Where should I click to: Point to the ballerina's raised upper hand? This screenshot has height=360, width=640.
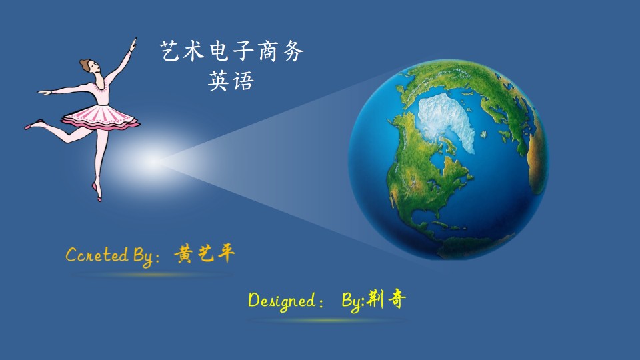pos(133,45)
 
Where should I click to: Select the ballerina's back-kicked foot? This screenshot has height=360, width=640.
pos(33,124)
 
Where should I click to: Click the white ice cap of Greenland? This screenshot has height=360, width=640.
pos(447,121)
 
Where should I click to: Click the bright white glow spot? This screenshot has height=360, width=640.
pos(153,161)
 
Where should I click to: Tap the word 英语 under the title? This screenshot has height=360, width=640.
pos(231,81)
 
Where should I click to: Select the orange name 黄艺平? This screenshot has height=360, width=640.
pos(205,254)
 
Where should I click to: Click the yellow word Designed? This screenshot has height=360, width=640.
pos(281,301)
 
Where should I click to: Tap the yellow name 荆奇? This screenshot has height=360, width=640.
pos(386,299)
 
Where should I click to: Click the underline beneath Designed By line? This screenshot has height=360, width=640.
pos(327,321)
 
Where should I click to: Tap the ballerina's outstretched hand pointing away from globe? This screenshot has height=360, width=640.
pos(44,92)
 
